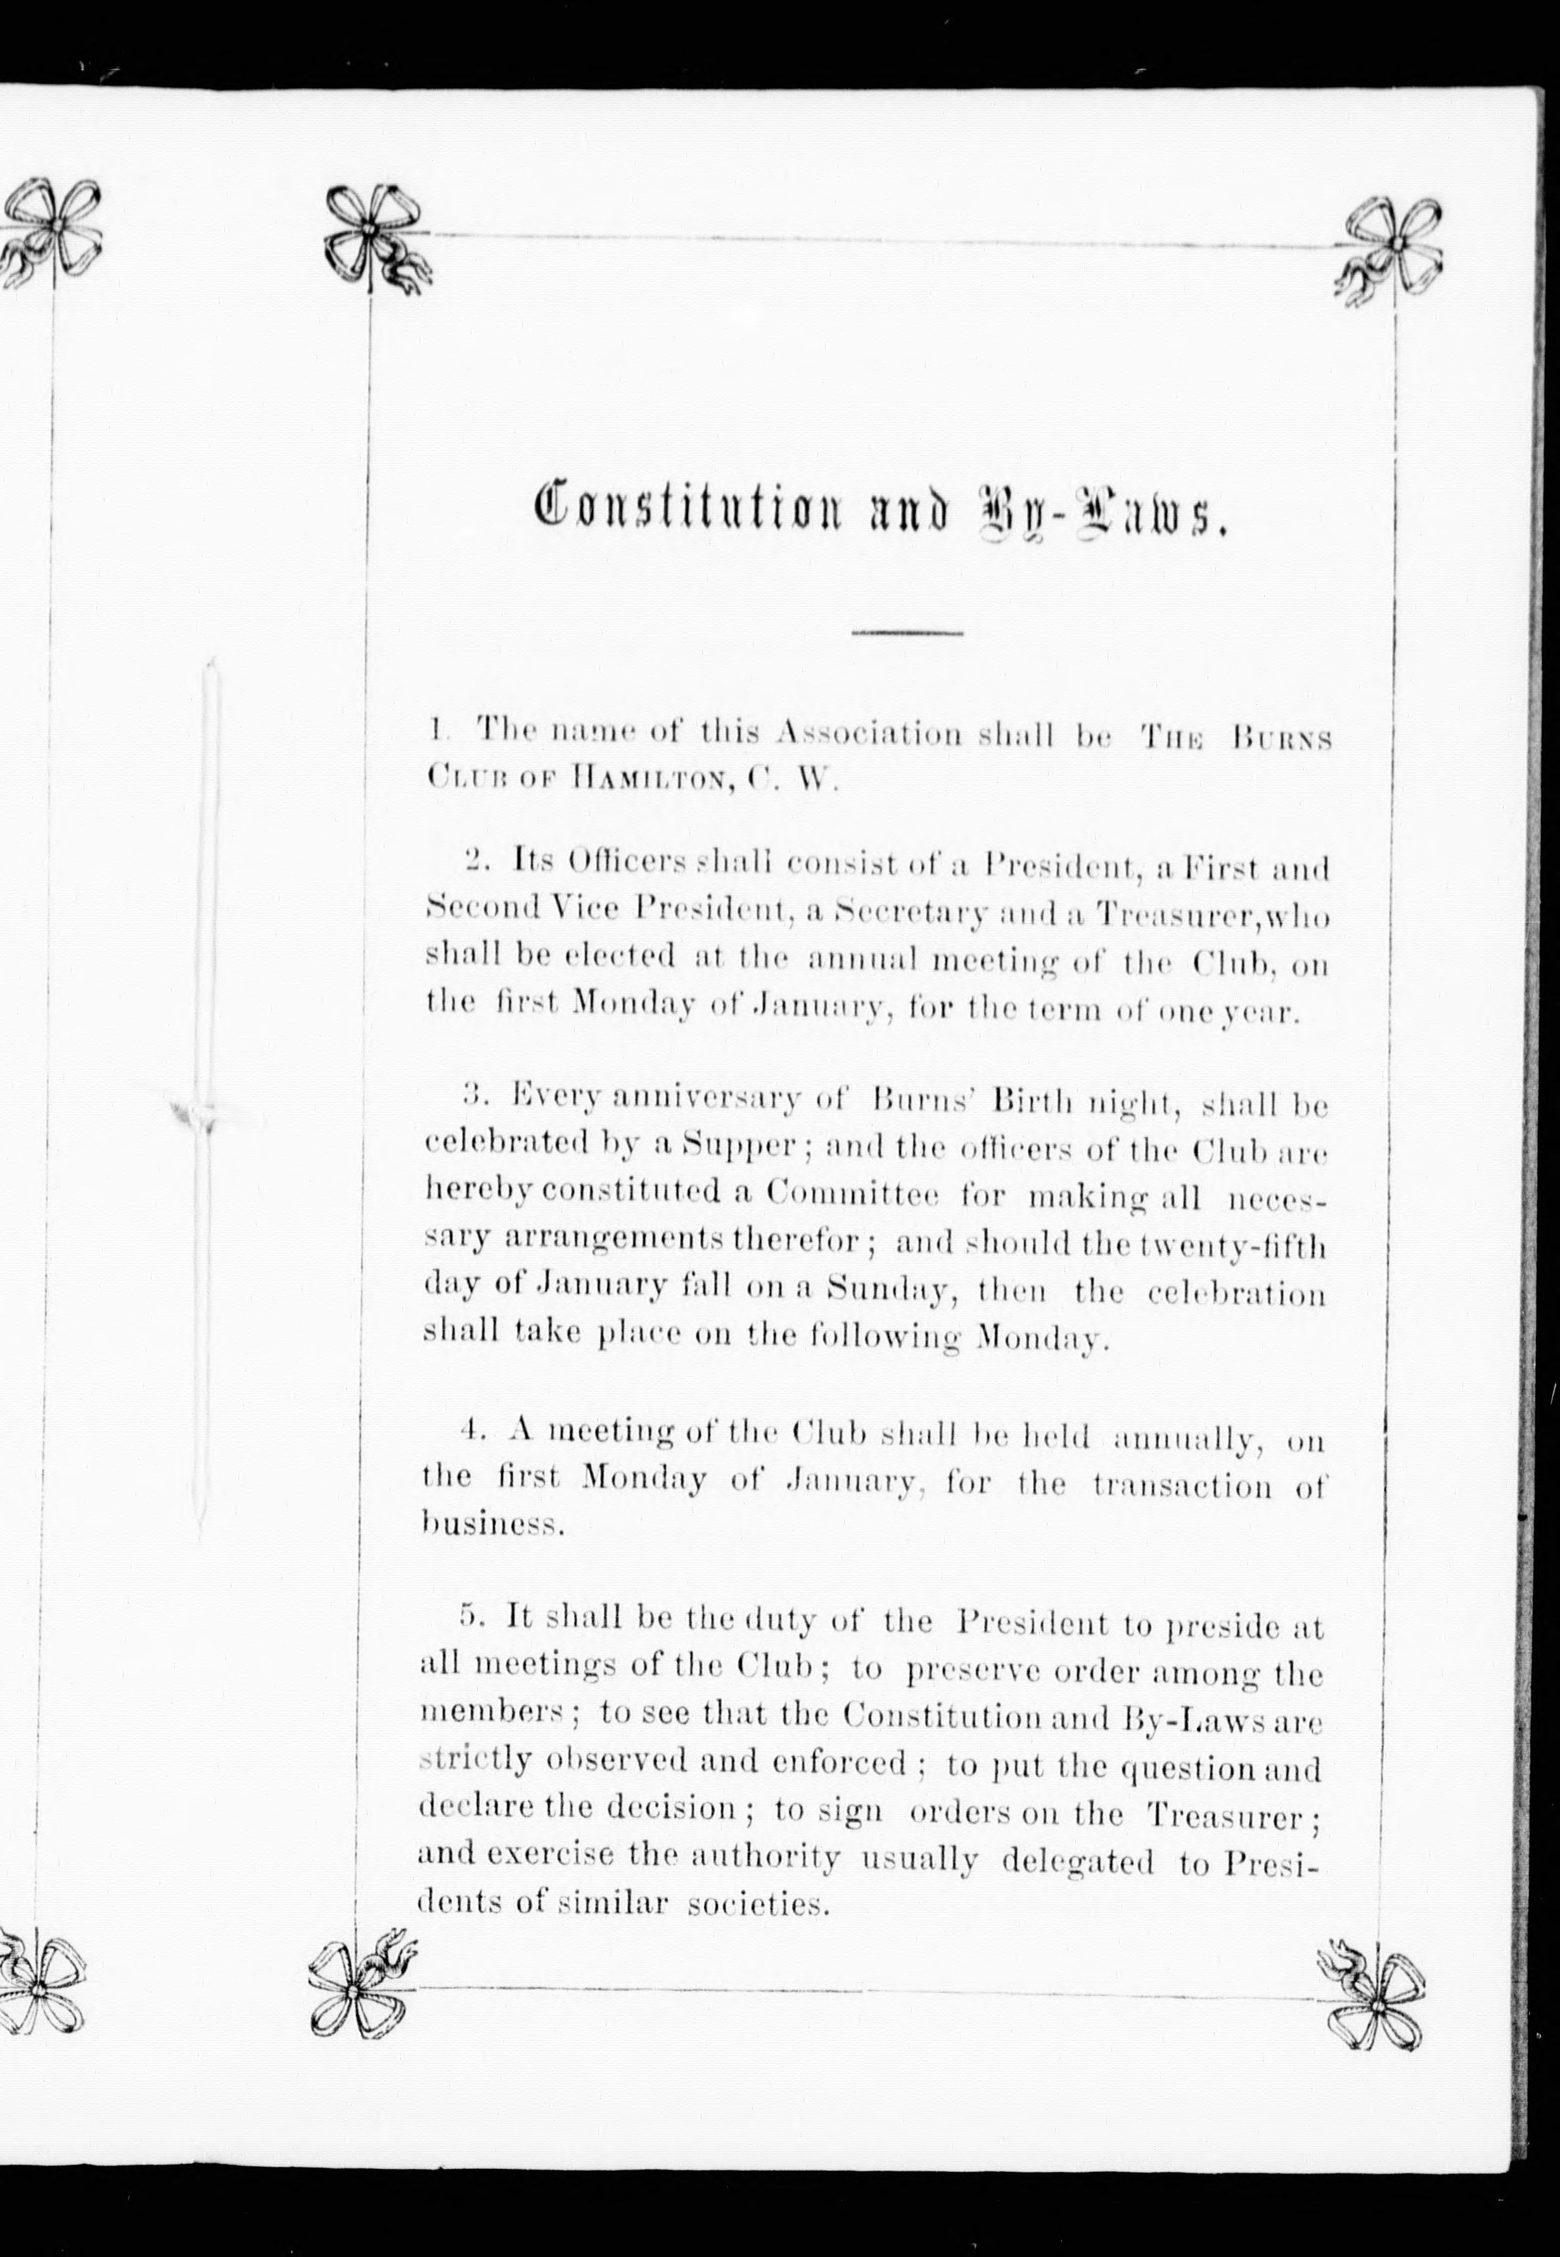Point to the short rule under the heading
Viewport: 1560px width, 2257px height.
click(x=907, y=635)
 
